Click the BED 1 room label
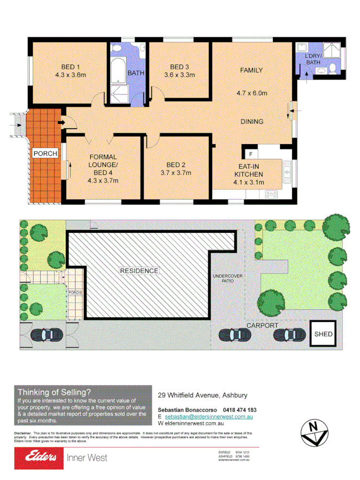pyautogui.click(x=71, y=67)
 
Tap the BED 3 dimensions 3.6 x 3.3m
pyautogui.click(x=179, y=75)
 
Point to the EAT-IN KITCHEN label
pyautogui.click(x=249, y=170)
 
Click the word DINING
pyautogui.click(x=251, y=122)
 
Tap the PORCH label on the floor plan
pyautogui.click(x=45, y=154)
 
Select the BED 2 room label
pyautogui.click(x=176, y=164)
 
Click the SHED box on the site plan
pyautogui.click(x=323, y=335)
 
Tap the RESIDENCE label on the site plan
pyautogui.click(x=139, y=271)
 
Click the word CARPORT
pyautogui.click(x=262, y=325)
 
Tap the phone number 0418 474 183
pyautogui.click(x=236, y=410)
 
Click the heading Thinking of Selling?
pyautogui.click(x=54, y=391)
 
